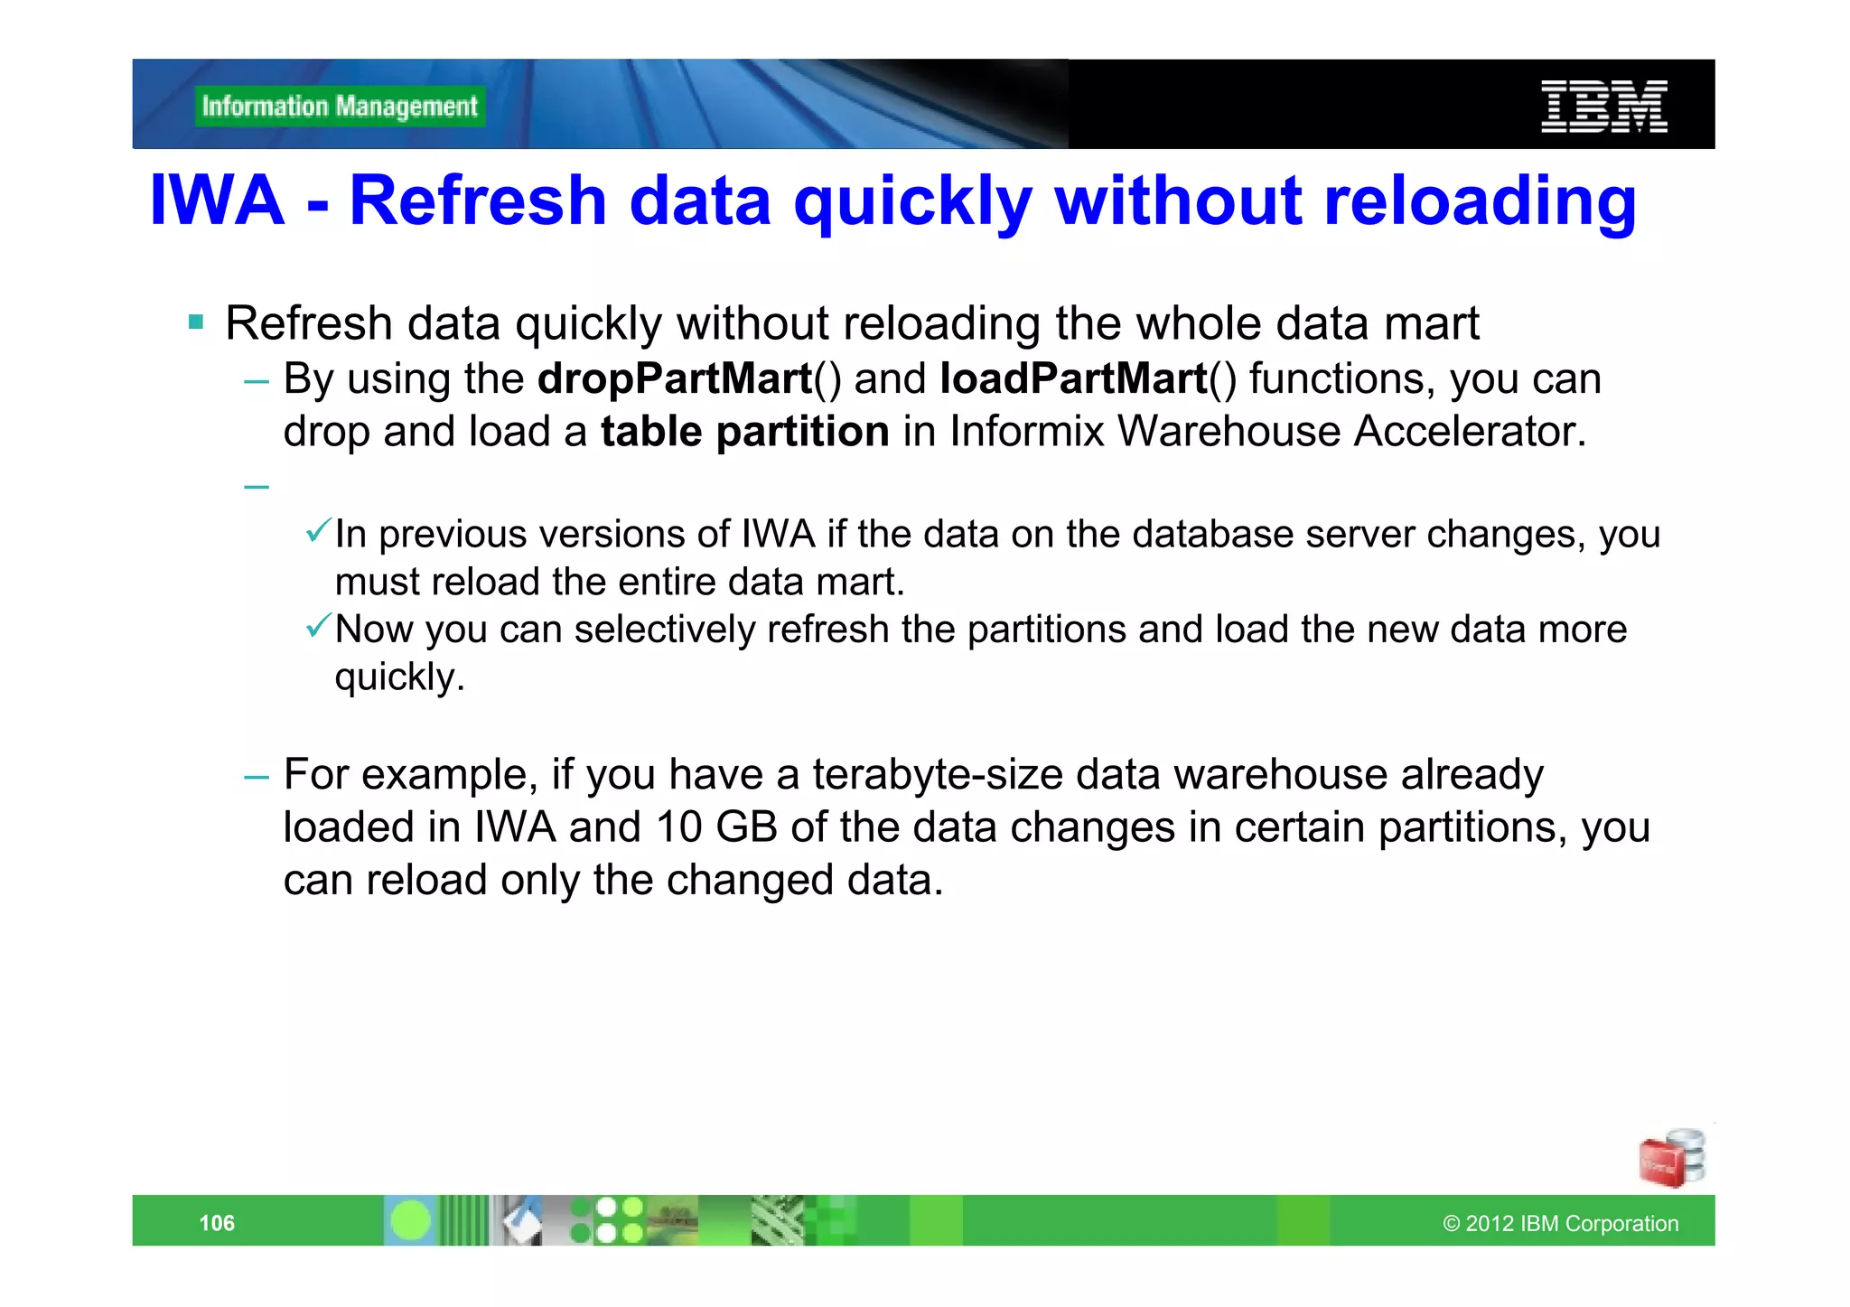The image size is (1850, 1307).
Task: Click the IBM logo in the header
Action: click(x=1603, y=107)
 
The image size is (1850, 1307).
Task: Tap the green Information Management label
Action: click(x=340, y=107)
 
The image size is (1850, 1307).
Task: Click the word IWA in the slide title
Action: click(x=217, y=201)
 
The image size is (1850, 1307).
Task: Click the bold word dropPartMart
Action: click(x=675, y=379)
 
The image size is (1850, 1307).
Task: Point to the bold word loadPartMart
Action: click(x=1073, y=379)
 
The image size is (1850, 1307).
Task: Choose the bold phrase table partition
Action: click(x=745, y=432)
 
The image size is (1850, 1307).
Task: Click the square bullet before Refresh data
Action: click(x=196, y=322)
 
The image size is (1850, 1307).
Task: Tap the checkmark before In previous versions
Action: click(x=318, y=531)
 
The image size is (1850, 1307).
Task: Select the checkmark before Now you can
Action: click(x=318, y=625)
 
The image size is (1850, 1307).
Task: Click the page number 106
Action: click(x=217, y=1223)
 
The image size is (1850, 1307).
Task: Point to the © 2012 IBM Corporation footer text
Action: click(x=1560, y=1224)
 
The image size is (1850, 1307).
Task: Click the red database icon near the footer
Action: click(x=1670, y=1159)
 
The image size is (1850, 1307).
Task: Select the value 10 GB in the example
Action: click(x=717, y=827)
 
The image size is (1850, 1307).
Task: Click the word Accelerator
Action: click(x=1470, y=432)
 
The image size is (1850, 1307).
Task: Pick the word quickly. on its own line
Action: click(x=399, y=677)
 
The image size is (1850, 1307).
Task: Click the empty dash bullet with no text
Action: click(x=257, y=487)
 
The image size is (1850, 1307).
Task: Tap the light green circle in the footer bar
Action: click(x=411, y=1221)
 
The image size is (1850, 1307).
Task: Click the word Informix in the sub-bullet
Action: click(x=1027, y=432)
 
